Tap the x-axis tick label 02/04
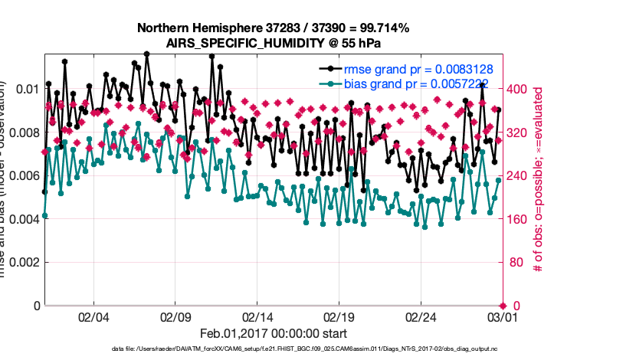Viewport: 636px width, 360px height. coord(93,317)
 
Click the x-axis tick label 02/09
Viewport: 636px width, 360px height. coord(175,317)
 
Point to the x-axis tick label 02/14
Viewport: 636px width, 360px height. coord(257,317)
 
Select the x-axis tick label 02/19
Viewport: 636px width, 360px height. coord(339,317)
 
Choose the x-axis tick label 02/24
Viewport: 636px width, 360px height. coord(421,317)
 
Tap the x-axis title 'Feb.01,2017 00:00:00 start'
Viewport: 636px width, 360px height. coord(273,334)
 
